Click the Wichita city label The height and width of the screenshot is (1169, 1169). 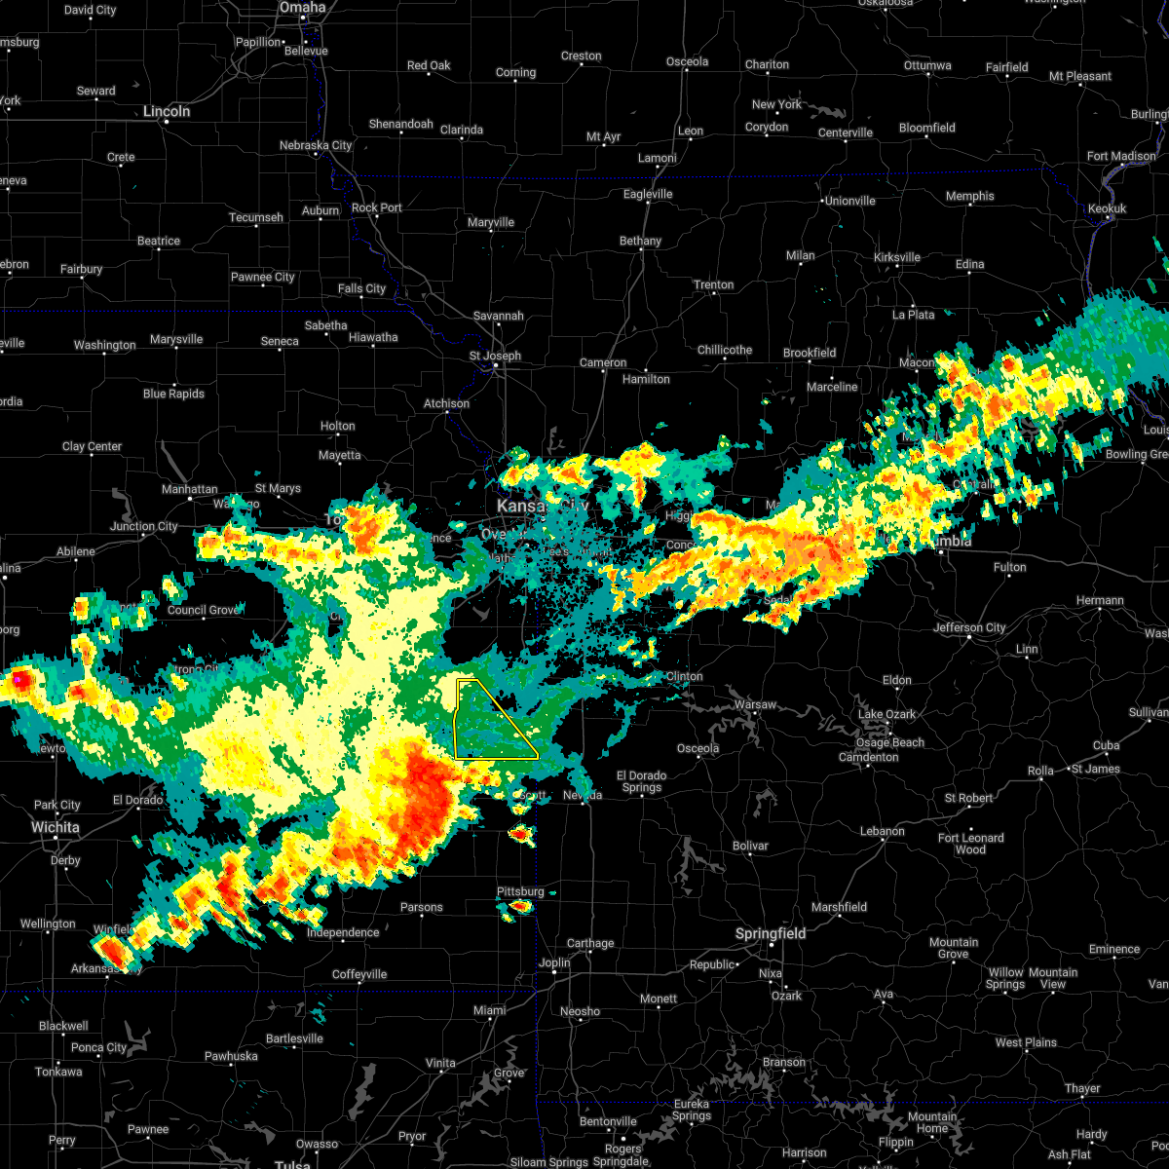[x=55, y=827]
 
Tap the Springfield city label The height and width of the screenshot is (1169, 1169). [x=771, y=933]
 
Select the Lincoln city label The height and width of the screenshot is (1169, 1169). [x=167, y=111]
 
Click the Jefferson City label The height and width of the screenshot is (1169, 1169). [x=969, y=627]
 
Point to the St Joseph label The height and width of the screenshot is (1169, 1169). [x=495, y=356]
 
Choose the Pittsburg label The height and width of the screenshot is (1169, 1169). [x=520, y=891]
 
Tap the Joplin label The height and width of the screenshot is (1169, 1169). [x=554, y=962]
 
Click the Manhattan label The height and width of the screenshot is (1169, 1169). [x=190, y=489]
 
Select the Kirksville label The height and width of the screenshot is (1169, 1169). [x=897, y=257]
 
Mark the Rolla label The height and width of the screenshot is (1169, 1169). [x=1040, y=771]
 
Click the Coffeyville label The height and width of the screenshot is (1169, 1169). [x=359, y=974]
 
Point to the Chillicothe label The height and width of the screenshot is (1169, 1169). [x=725, y=350]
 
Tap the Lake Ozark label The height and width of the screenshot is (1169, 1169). [x=886, y=714]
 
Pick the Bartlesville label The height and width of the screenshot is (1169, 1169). [x=294, y=1038]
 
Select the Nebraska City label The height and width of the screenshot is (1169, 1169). [x=316, y=145]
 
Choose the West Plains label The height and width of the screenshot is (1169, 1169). [x=1026, y=1042]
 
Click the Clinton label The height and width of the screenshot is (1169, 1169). [x=685, y=676]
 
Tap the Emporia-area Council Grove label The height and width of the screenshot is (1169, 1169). [x=203, y=610]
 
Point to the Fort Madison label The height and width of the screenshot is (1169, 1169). [x=1121, y=156]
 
